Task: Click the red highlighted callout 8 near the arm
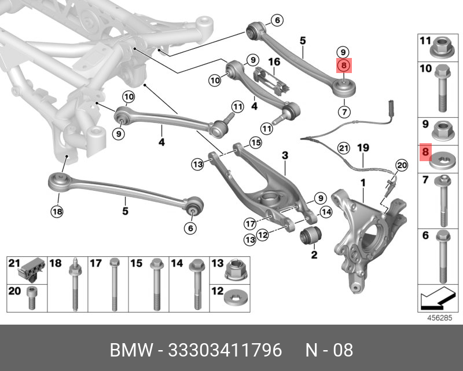[x=343, y=66]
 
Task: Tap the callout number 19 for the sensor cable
[x=362, y=147]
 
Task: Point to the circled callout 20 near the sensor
[x=401, y=166]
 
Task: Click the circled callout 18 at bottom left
[x=56, y=212]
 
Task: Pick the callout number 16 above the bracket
[x=274, y=61]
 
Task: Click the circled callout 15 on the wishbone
[x=255, y=142]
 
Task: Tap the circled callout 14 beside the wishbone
[x=326, y=213]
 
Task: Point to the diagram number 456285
[x=439, y=317]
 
